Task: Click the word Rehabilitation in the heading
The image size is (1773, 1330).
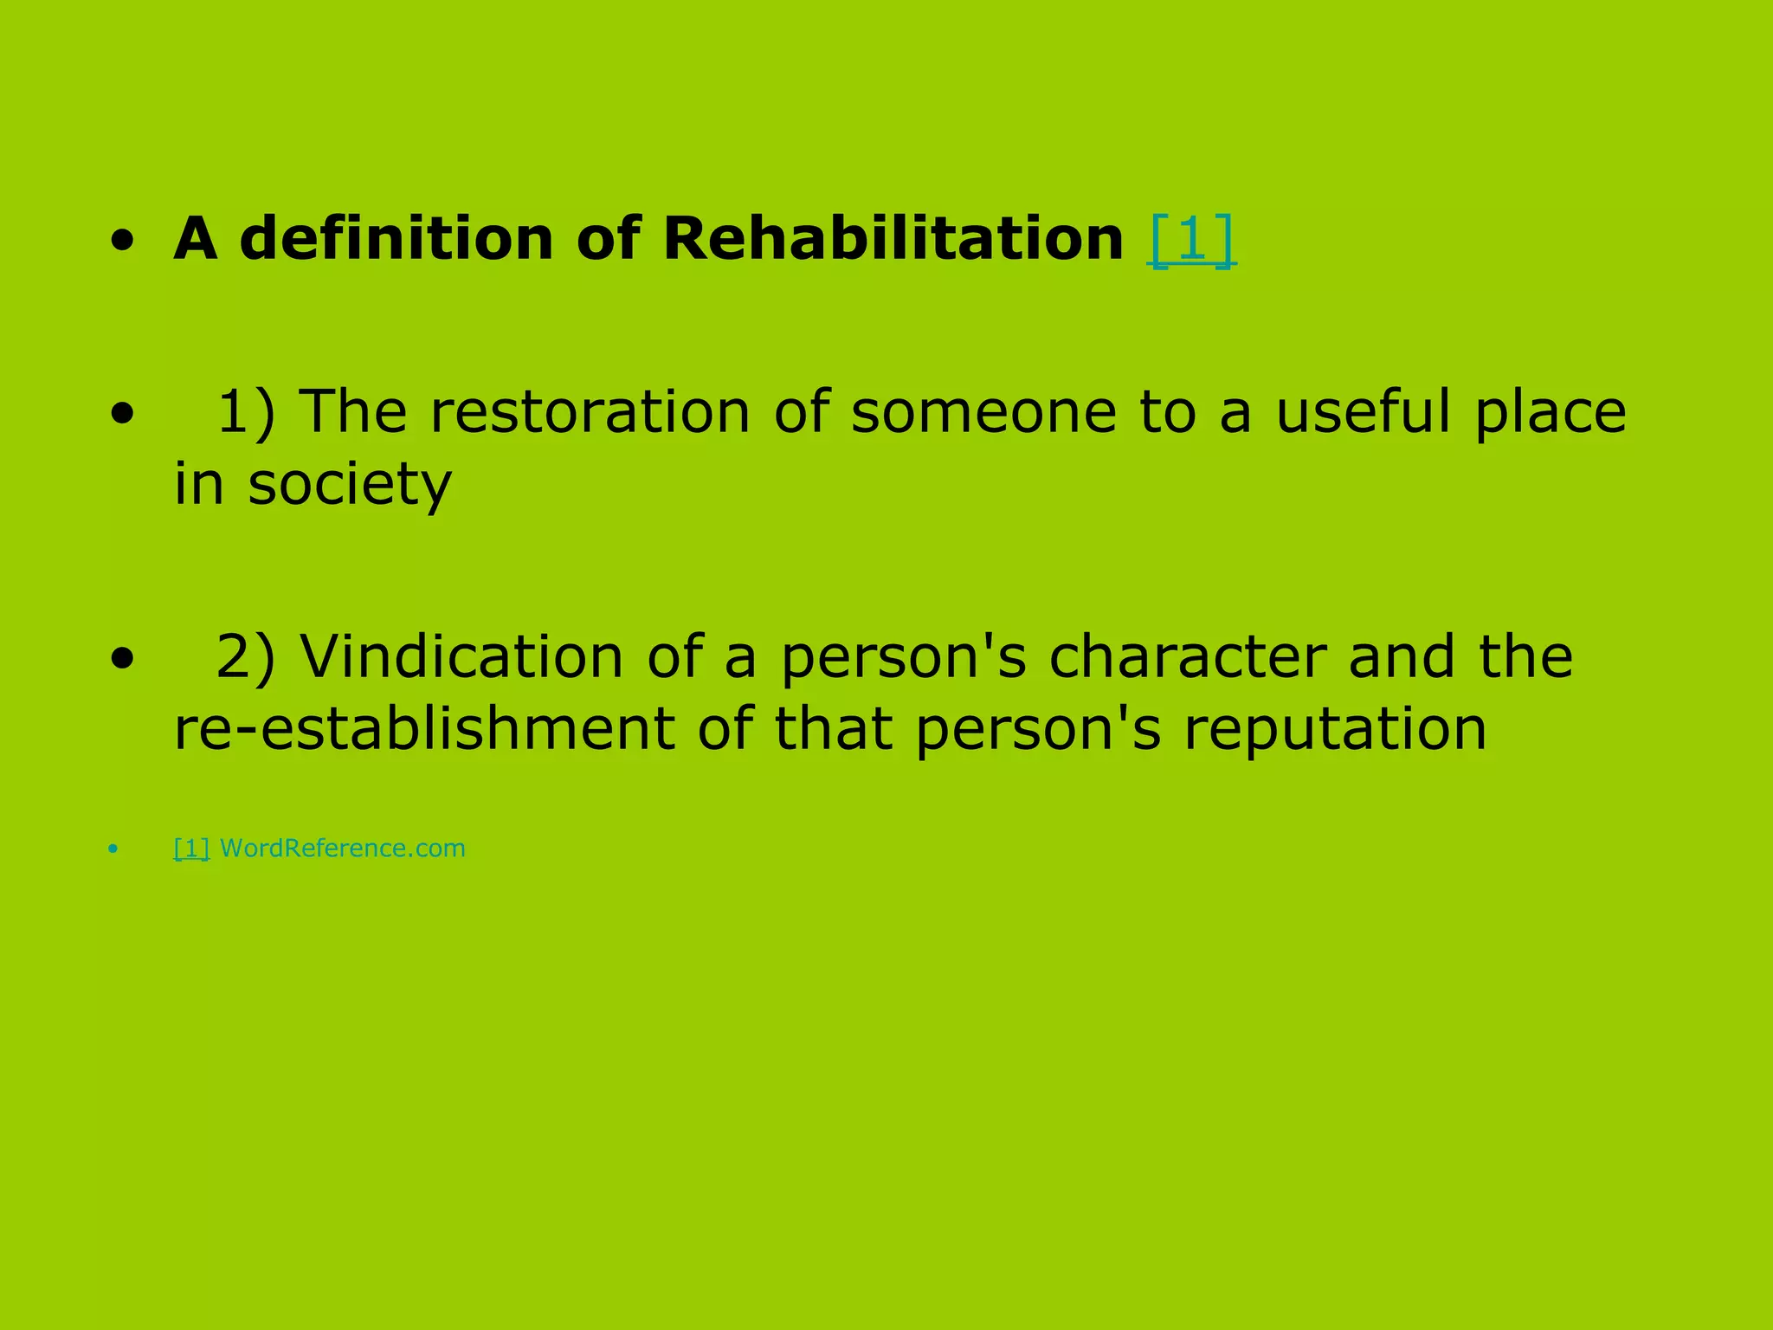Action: (893, 237)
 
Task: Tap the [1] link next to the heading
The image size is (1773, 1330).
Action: (1191, 239)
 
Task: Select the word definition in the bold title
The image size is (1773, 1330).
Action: (396, 237)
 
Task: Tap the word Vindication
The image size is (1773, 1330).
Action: (461, 656)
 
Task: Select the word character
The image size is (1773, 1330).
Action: (1187, 656)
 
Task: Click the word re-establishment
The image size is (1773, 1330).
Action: (423, 728)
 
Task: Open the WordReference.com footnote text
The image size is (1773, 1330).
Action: (343, 848)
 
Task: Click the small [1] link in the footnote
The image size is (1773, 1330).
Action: (191, 848)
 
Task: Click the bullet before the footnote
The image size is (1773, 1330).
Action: (113, 850)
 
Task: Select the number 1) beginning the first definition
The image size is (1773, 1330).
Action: (246, 412)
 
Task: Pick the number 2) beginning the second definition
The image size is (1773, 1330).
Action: (246, 657)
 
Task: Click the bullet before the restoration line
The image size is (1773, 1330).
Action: (122, 415)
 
